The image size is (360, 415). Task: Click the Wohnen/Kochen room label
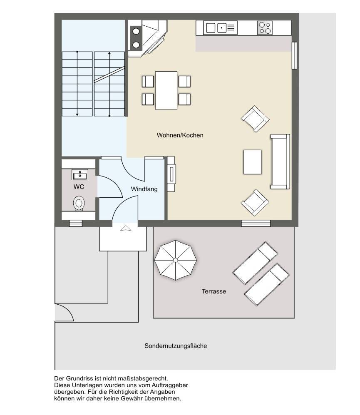click(x=180, y=135)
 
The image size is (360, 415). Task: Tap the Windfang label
click(x=144, y=189)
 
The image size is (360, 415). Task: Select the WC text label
click(x=79, y=187)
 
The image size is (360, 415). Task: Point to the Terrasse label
click(x=214, y=291)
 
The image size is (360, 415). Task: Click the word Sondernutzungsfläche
click(x=176, y=346)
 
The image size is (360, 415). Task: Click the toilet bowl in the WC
click(x=79, y=203)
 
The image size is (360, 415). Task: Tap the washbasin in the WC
click(x=79, y=175)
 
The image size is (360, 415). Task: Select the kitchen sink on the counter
click(x=220, y=28)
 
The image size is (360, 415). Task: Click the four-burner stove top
click(x=265, y=28)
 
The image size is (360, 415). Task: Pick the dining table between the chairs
click(x=166, y=90)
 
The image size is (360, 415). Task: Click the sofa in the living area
click(x=280, y=162)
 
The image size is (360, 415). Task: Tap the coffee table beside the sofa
click(x=253, y=162)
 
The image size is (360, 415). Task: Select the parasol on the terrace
click(x=176, y=260)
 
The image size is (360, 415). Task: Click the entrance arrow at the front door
click(x=126, y=228)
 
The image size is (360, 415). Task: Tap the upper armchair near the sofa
click(x=255, y=119)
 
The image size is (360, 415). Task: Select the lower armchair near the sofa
click(x=255, y=203)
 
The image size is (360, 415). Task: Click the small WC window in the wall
click(x=76, y=224)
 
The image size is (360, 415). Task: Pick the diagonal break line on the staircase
click(x=109, y=75)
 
